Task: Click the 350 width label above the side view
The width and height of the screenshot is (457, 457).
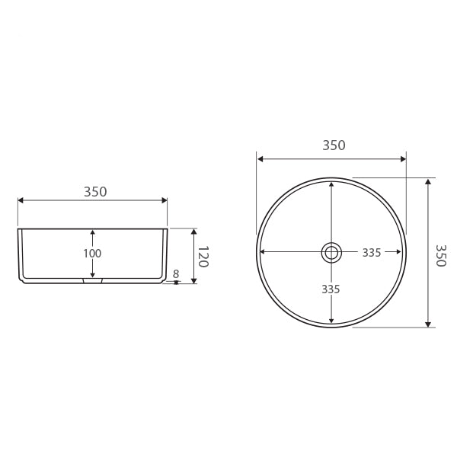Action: point(95,192)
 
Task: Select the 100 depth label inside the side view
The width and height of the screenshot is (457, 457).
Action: point(92,253)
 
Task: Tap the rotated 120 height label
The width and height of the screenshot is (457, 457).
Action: point(203,256)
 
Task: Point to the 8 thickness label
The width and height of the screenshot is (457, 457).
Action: point(176,273)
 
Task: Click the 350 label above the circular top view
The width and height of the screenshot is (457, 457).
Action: point(334,145)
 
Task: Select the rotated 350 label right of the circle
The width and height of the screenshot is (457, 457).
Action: point(439,255)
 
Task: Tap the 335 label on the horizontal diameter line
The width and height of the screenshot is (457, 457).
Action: point(372,253)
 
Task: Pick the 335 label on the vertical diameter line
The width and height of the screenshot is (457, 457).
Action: point(331,289)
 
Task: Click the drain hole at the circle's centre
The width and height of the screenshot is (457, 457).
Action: point(331,252)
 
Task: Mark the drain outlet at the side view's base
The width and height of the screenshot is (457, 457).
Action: point(92,281)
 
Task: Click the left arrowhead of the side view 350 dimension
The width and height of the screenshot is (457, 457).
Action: point(21,200)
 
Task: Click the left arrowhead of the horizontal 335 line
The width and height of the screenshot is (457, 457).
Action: point(264,252)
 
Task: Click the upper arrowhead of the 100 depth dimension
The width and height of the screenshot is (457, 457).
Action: point(92,233)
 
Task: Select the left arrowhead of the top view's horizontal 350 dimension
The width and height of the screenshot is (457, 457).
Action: point(260,159)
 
